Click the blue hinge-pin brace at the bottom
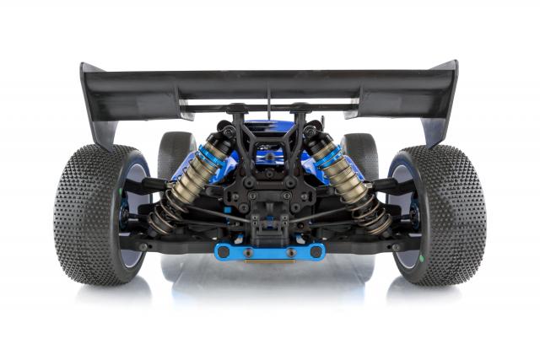coord(270,251)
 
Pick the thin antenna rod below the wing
coord(269,99)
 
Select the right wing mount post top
coord(300,108)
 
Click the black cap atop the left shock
coord(226,132)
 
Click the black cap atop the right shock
coord(312,132)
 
